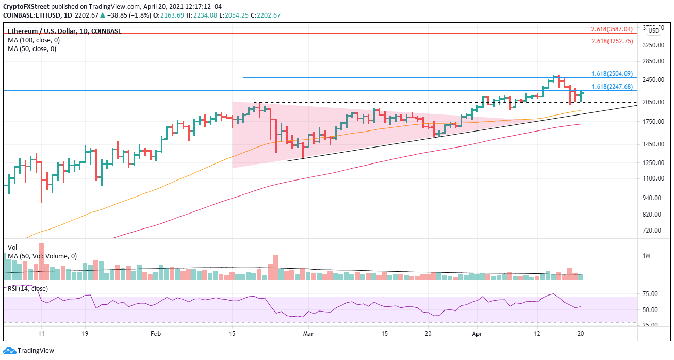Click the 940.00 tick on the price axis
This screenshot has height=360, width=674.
click(652, 198)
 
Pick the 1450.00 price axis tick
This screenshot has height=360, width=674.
click(652, 144)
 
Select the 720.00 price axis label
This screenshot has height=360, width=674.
click(652, 230)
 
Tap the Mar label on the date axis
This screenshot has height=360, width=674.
click(308, 334)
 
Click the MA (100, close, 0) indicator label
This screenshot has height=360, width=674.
click(32, 40)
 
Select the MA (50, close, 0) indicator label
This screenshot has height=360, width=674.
click(30, 49)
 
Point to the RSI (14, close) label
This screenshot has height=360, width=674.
click(27, 288)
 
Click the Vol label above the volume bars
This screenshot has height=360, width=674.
click(12, 247)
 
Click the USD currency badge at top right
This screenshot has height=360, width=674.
click(653, 30)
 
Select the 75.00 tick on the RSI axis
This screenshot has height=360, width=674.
click(652, 294)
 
